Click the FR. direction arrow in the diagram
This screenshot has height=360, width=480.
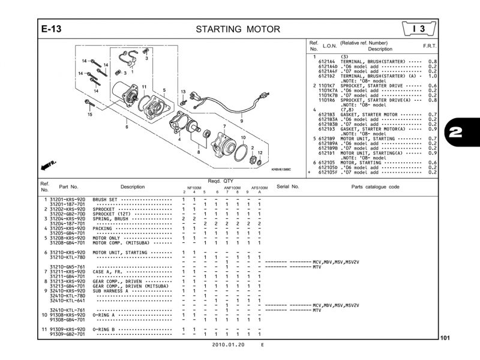[49, 164]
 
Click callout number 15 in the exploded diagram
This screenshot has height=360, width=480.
[89, 114]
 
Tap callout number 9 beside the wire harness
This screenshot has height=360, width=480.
[242, 121]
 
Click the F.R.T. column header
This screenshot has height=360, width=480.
[430, 46]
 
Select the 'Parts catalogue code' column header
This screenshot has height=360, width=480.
[375, 187]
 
